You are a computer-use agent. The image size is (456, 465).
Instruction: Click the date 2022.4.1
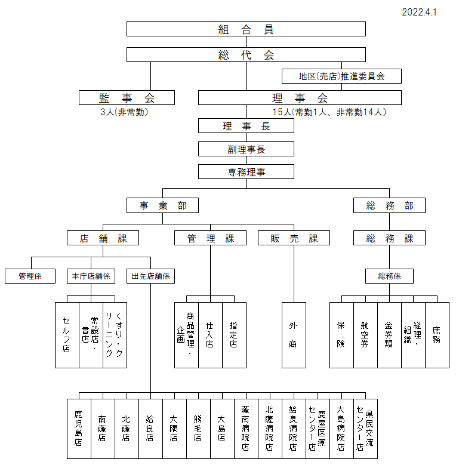419,12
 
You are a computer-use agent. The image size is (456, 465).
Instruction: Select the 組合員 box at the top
246,29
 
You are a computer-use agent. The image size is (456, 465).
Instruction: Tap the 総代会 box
246,54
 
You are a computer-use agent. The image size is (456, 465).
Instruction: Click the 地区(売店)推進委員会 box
341,76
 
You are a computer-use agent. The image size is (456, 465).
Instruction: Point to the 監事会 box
127,97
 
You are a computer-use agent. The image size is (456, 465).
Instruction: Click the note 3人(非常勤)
124,112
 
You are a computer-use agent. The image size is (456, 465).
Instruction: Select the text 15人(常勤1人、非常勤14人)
329,112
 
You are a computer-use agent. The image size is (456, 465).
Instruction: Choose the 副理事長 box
246,149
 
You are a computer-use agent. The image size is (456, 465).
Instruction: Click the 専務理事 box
246,172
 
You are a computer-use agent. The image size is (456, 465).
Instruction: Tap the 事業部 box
162,205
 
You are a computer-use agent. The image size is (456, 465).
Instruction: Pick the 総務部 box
389,205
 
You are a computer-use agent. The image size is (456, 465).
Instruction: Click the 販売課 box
294,238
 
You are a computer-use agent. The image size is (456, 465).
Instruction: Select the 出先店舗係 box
150,276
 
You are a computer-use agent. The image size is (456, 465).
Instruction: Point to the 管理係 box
30,276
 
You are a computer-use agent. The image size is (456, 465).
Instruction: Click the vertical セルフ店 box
67,335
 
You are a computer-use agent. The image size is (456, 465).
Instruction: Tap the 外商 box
294,335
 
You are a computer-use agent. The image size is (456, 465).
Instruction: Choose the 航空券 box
365,335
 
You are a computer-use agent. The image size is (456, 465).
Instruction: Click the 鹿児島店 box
79,429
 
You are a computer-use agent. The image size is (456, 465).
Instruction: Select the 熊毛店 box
198,429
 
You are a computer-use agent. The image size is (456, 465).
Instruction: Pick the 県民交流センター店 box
365,429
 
